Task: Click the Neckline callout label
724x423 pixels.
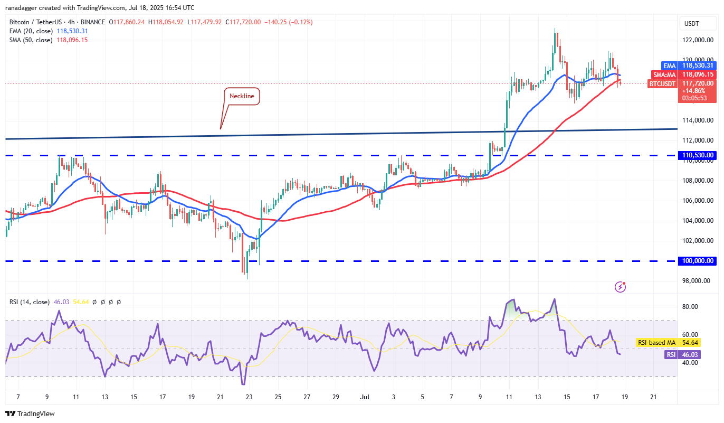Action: tap(242, 96)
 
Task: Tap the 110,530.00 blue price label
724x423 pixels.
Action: tap(697, 155)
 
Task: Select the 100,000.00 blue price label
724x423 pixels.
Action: tap(697, 261)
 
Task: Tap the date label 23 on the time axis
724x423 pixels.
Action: tap(249, 397)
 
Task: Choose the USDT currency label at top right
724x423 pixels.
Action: tap(691, 23)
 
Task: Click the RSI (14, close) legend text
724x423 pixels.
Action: tap(30, 302)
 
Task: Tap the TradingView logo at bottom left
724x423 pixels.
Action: tap(30, 413)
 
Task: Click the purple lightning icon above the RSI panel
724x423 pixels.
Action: tap(621, 287)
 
